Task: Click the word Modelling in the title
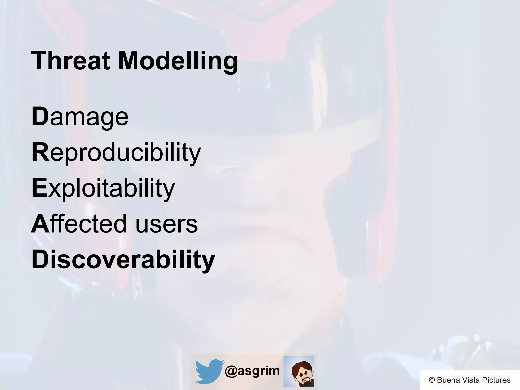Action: pyautogui.click(x=178, y=61)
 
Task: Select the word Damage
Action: pyautogui.click(x=80, y=117)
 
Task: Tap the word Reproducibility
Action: pyautogui.click(x=116, y=153)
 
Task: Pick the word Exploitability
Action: pyautogui.click(x=103, y=188)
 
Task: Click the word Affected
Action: pyautogui.click(x=79, y=224)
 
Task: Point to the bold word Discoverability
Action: pyautogui.click(x=123, y=259)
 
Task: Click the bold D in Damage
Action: pyautogui.click(x=40, y=117)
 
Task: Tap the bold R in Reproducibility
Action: pyautogui.click(x=40, y=152)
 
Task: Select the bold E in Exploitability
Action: pyautogui.click(x=39, y=188)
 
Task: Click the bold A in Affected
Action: pyautogui.click(x=40, y=224)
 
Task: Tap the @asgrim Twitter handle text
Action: pyautogui.click(x=252, y=371)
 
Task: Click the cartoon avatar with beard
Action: pyautogui.click(x=299, y=371)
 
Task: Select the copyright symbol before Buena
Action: pyautogui.click(x=432, y=380)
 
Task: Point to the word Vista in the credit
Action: pyautogui.click(x=470, y=380)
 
